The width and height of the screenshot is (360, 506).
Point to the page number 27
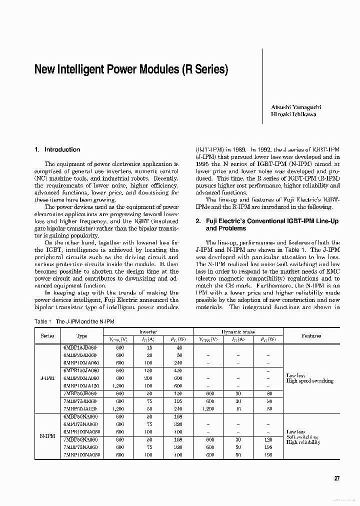(337, 478)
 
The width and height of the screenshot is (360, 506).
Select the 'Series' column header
(47, 336)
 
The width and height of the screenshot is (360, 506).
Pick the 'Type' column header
(81, 336)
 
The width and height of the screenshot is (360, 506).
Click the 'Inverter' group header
(148, 331)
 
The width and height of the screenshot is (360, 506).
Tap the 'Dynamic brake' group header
(238, 331)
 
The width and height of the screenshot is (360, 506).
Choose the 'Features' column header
(311, 336)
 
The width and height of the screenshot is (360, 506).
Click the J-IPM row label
(47, 378)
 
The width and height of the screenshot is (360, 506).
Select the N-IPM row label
(47, 435)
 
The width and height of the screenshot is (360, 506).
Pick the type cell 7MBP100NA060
(82, 455)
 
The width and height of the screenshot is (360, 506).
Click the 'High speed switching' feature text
(309, 381)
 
